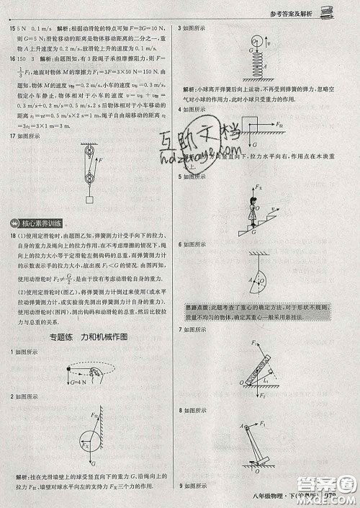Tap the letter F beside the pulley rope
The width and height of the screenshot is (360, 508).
pyautogui.click(x=101, y=160)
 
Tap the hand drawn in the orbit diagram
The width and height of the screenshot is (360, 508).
pyautogui.click(x=98, y=373)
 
